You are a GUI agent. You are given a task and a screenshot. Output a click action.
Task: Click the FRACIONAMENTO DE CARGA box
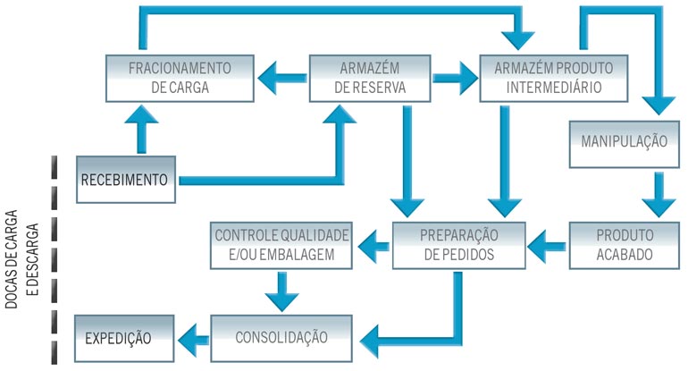click(180, 79)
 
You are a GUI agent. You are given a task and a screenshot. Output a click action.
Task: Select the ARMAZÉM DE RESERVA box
click(372, 79)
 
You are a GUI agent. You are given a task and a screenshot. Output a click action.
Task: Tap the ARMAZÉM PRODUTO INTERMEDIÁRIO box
click(540, 79)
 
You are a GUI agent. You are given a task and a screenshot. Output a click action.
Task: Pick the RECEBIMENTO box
click(125, 180)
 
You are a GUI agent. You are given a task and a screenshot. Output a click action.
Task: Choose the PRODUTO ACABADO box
click(625, 244)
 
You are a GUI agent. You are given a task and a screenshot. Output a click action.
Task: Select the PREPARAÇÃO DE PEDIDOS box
click(457, 244)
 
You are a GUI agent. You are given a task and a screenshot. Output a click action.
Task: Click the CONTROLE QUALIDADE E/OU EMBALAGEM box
click(281, 245)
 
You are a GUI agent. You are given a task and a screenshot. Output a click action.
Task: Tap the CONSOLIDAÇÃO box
click(281, 338)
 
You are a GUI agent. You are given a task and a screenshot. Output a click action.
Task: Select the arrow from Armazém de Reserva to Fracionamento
click(282, 79)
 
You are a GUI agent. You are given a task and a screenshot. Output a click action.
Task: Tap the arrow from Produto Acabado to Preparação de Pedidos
click(547, 240)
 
